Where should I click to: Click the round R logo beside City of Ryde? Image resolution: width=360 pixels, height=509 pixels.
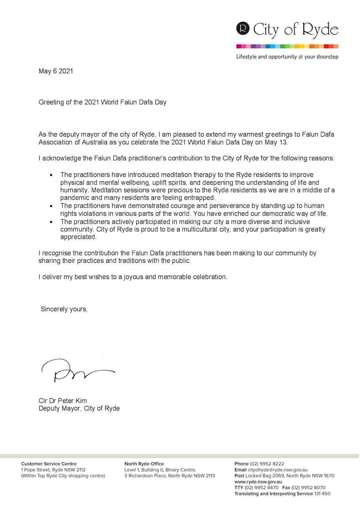coord(243,29)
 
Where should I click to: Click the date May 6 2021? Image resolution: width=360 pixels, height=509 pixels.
coord(56,71)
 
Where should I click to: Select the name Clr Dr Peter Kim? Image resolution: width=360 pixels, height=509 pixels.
coord(63,400)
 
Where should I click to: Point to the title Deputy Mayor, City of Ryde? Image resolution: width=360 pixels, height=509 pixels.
coord(79,408)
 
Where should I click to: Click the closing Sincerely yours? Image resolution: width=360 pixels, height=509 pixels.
coord(64,309)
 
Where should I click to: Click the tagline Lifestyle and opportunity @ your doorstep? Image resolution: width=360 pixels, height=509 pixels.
coord(287,57)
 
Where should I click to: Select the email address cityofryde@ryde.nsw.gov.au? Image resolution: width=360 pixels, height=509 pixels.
coord(277,470)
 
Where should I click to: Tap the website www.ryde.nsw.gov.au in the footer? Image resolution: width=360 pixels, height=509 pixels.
coord(258,481)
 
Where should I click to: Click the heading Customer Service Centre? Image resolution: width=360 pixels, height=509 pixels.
coord(49,464)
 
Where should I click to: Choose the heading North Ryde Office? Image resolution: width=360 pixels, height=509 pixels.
coord(144,464)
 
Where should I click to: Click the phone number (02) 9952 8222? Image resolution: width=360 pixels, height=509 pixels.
coord(267,464)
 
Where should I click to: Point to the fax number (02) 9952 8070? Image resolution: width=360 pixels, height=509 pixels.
coord(308,488)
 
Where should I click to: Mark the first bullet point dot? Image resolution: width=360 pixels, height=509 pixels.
coord(51,175)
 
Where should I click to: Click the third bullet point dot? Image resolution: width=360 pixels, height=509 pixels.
coord(51,222)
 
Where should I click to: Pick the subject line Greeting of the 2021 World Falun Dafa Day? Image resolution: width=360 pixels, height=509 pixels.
coord(102,102)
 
